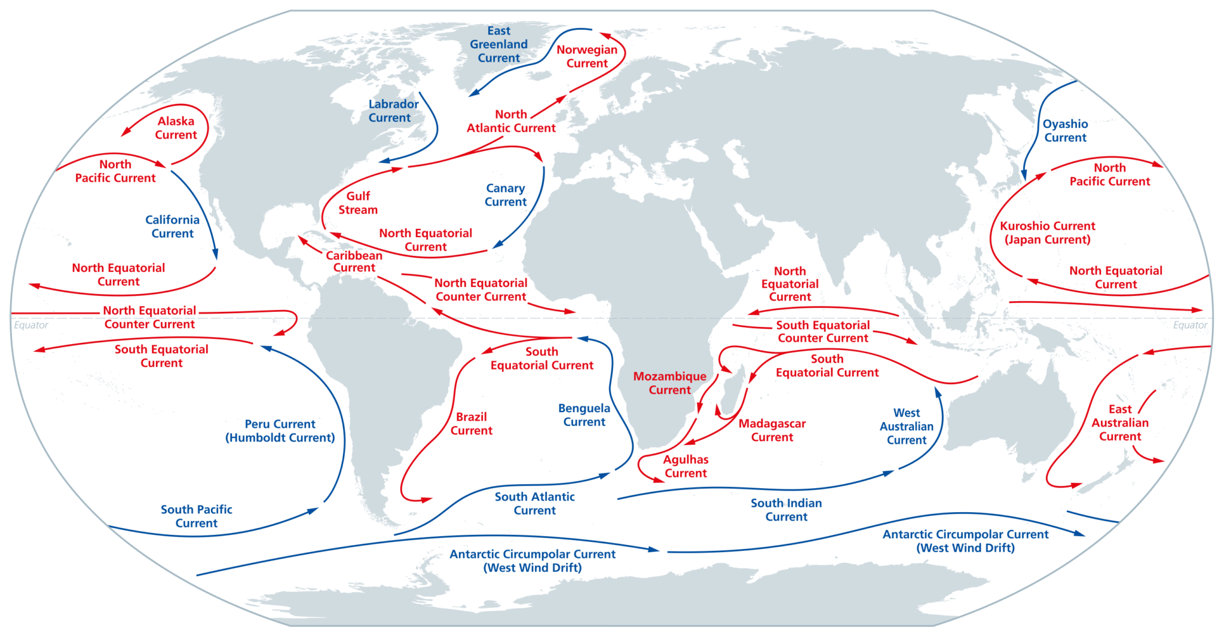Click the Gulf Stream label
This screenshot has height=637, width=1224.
358,203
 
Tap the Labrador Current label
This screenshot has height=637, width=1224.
393,111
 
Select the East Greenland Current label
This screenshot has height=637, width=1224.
499,44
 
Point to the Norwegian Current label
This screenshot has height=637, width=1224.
587,57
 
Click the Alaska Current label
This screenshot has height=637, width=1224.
176,128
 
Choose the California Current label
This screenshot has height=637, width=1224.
172,226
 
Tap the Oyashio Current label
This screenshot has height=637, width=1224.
1065,131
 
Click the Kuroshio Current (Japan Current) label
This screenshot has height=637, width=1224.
1047,233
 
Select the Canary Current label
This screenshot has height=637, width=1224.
505,195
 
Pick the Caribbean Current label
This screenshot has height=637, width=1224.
354,261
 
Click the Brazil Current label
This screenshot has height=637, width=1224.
471,424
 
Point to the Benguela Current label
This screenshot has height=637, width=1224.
584,415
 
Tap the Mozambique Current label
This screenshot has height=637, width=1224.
669,383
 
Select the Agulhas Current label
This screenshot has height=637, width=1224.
686,466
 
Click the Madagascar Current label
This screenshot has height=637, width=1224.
772,430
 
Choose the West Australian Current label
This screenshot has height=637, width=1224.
906,426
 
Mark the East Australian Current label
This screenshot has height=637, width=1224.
1119,422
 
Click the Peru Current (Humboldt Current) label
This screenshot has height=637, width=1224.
280,431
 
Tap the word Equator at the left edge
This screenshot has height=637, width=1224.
31,325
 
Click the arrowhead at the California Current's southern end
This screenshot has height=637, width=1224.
215,254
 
